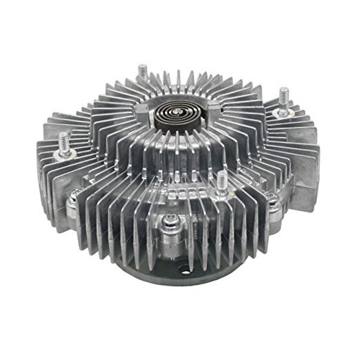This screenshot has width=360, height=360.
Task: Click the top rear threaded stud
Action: click(143, 72)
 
